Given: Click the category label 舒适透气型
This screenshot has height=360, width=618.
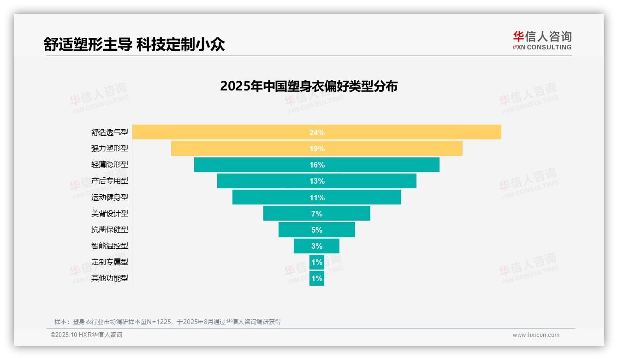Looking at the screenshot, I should [109, 132].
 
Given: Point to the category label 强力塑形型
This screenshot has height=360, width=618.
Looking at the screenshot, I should [109, 149].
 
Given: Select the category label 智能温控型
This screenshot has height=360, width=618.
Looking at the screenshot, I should [109, 246].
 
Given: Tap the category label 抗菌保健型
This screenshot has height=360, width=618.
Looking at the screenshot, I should [109, 230].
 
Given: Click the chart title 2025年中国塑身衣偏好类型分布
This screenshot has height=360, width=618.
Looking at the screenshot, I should [309, 86].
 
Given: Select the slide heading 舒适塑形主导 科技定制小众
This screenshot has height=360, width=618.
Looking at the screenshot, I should [134, 44].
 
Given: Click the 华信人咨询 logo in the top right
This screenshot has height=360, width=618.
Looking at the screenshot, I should [542, 40].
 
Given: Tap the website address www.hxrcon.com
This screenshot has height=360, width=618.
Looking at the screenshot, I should [536, 335].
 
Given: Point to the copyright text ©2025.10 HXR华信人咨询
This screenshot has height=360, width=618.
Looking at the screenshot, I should [86, 335].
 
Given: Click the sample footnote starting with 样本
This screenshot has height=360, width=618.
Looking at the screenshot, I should [167, 322].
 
